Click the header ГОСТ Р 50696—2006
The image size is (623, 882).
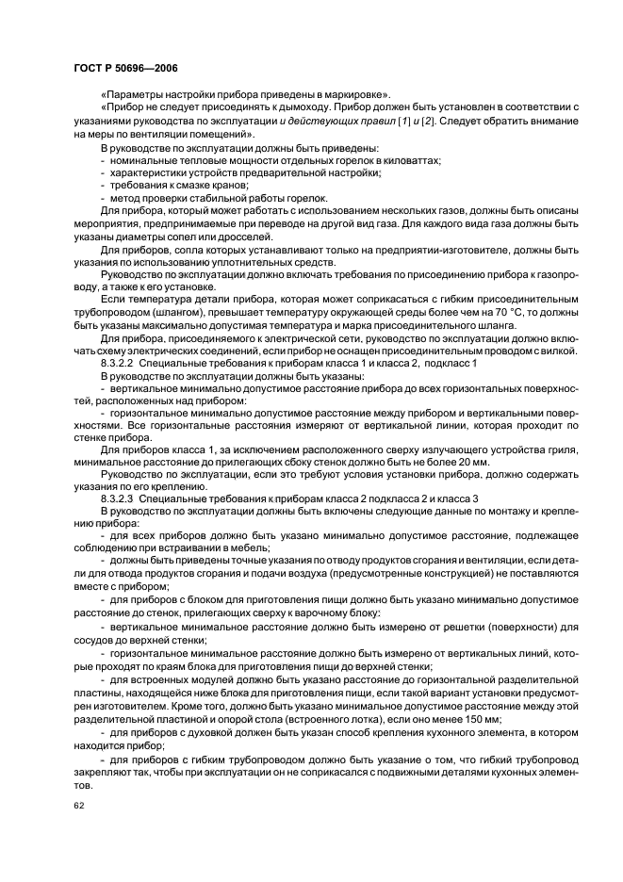[125, 69]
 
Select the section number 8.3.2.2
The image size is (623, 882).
[121, 362]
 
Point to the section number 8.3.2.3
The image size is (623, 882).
[121, 498]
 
